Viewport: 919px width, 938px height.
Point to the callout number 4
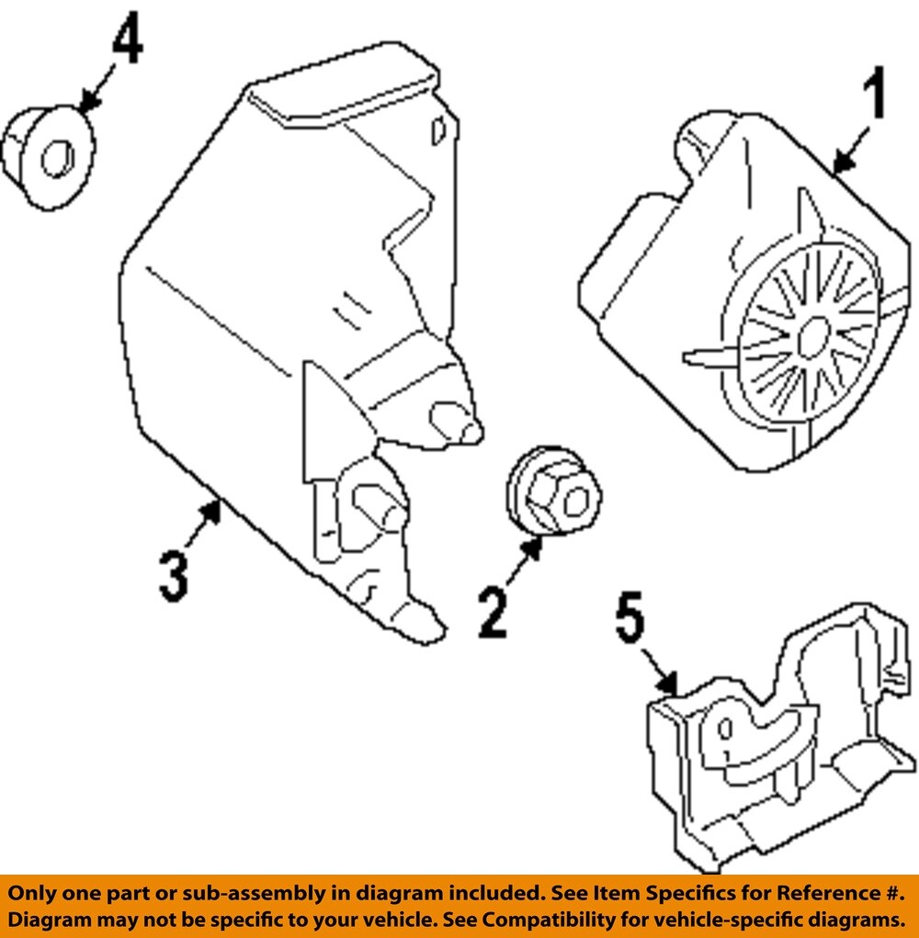pos(127,40)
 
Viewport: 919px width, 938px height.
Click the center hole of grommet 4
pos(56,158)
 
